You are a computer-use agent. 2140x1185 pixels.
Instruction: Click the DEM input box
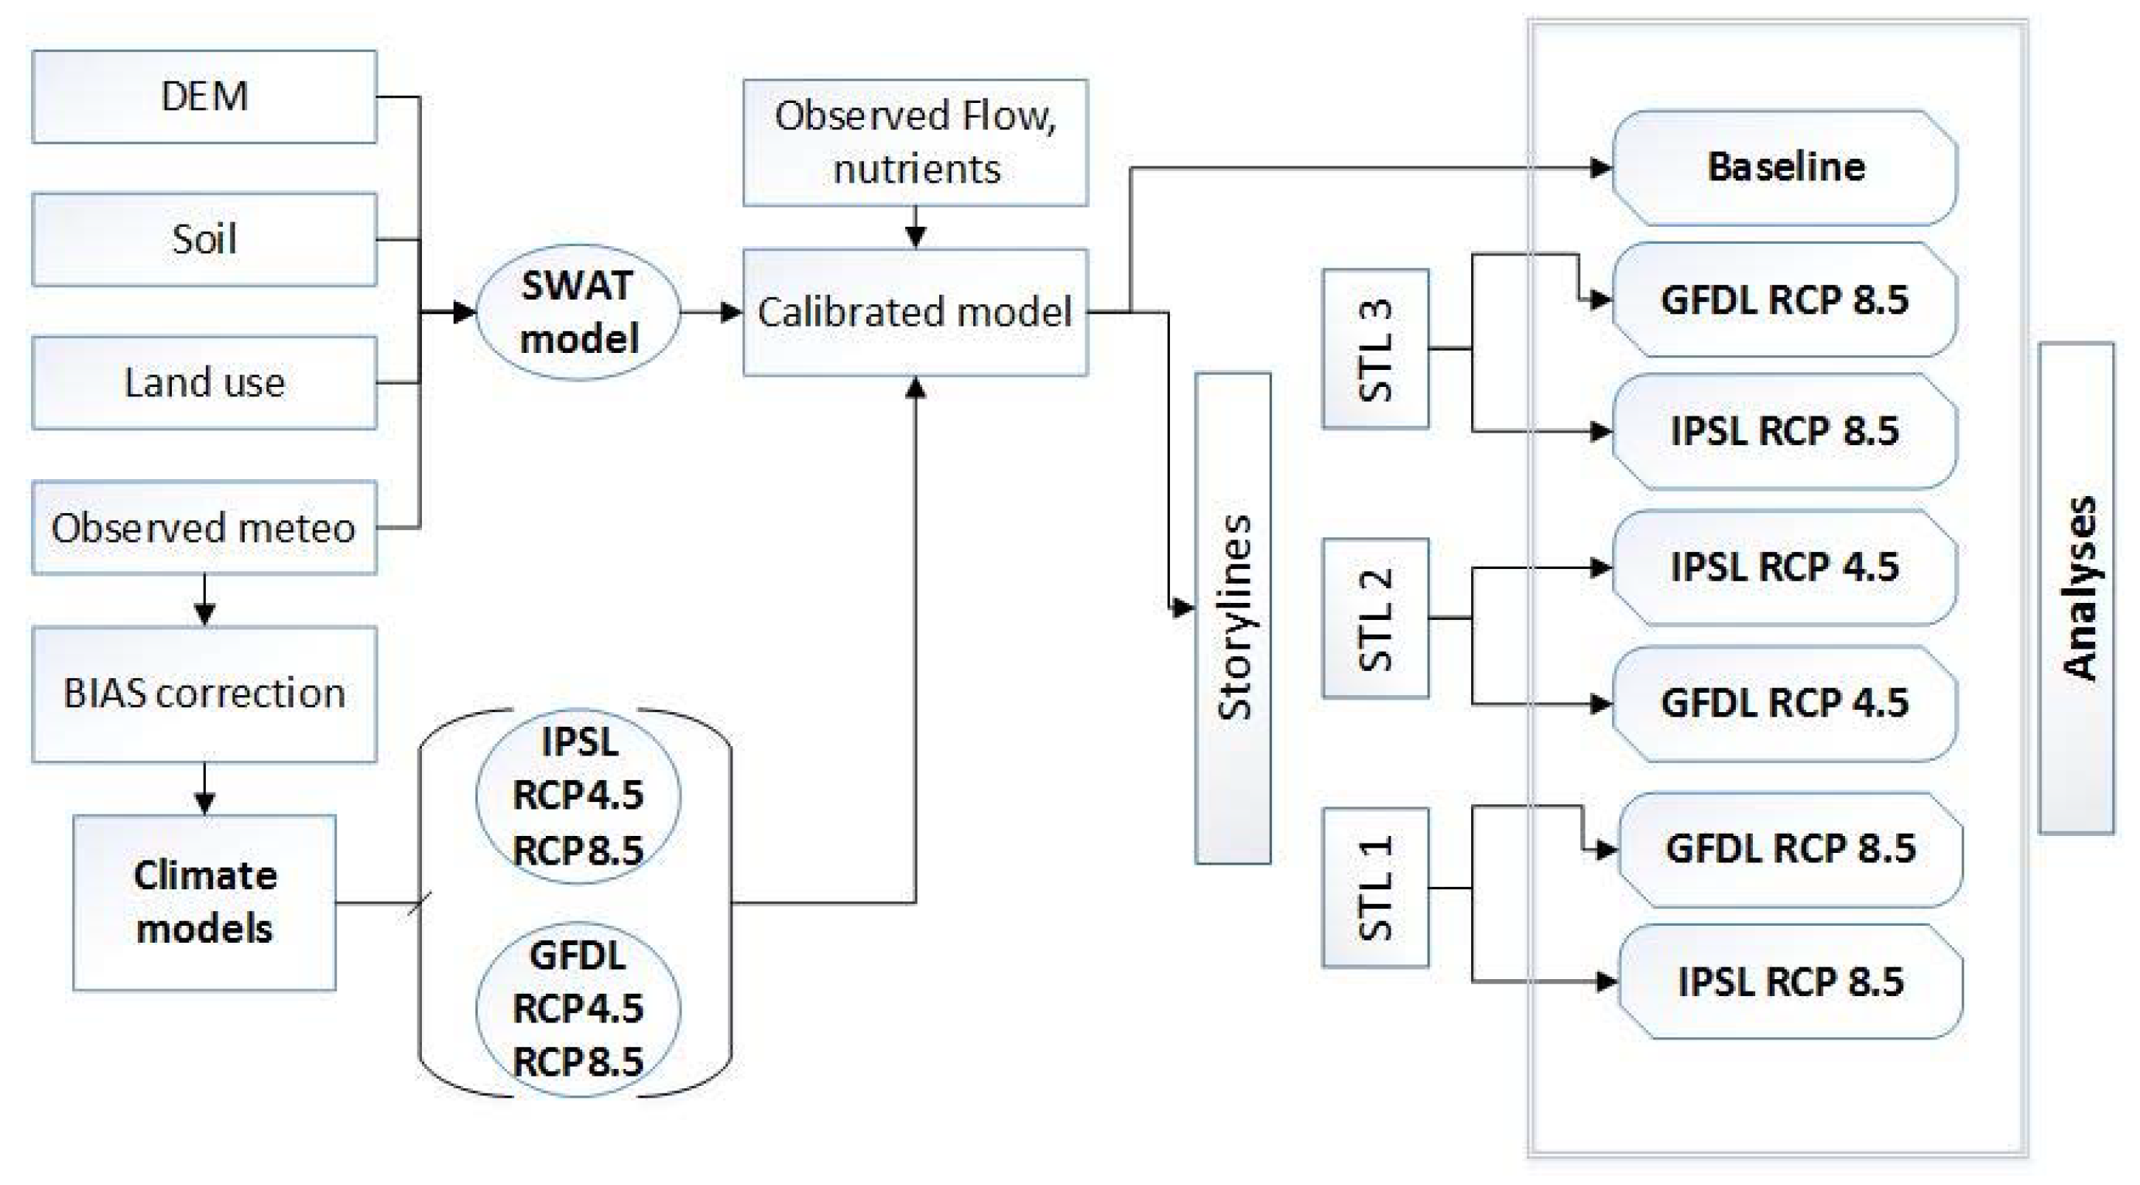tap(204, 96)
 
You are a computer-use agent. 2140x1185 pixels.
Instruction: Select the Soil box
tap(204, 239)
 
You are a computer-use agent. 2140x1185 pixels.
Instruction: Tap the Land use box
tap(204, 383)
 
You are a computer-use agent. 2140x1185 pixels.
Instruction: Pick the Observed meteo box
tap(204, 527)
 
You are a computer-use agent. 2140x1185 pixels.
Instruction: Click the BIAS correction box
tap(204, 694)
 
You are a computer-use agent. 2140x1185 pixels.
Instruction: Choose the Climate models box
tap(204, 902)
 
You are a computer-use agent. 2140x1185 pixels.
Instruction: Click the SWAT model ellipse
tap(578, 312)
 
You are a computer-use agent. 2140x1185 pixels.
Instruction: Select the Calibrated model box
tap(915, 312)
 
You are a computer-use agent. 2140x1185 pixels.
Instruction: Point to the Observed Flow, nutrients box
tap(915, 142)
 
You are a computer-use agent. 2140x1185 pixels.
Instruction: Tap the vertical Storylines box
tap(1233, 618)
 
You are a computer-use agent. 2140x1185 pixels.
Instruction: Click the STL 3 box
tap(1376, 349)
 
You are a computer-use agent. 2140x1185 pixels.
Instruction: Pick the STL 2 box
tap(1376, 618)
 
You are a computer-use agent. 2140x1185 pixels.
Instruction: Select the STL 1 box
tap(1376, 888)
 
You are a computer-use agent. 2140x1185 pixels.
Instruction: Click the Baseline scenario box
tap(1785, 168)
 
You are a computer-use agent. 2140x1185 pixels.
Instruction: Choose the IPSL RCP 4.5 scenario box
tap(1785, 567)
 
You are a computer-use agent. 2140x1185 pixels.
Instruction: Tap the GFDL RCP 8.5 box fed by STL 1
tap(1791, 848)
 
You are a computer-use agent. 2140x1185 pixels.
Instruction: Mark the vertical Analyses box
tap(2077, 588)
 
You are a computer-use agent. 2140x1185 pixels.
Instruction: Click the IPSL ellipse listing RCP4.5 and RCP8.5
tap(578, 796)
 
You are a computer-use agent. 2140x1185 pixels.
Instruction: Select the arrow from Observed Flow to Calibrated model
tap(915, 228)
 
